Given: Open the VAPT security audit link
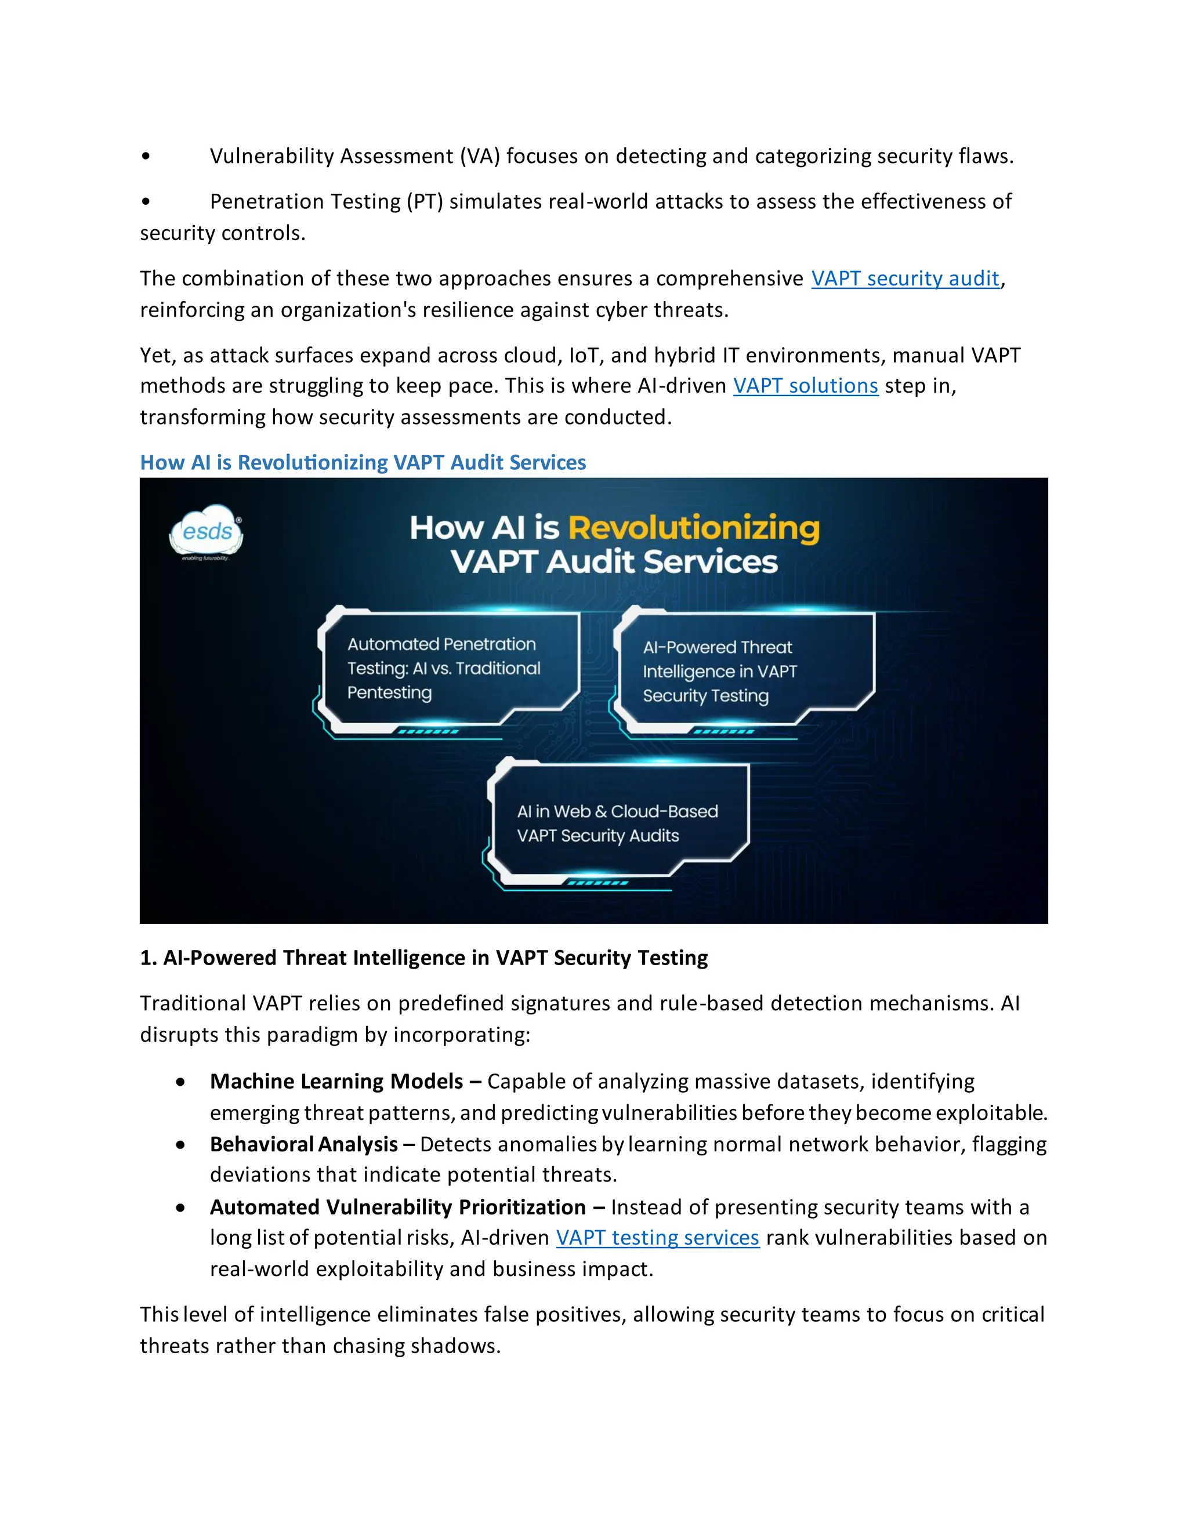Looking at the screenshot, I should coord(905,278).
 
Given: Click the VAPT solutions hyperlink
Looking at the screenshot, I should coord(805,386).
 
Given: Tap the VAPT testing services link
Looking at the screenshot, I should coord(657,1238).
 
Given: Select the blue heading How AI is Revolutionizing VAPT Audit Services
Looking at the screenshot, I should coord(363,462).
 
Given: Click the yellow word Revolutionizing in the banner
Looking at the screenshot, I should coord(693,528).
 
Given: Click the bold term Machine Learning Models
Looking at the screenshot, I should coord(336,1081).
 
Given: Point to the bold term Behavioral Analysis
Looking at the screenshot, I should coord(304,1144).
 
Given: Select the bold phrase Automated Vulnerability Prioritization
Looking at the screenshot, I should coord(397,1207).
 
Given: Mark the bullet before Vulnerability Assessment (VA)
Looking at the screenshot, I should coord(146,156).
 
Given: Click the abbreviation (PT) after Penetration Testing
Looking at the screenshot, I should coord(425,202).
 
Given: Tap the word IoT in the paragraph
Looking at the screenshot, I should coord(584,356).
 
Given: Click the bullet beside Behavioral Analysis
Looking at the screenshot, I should coord(181,1145).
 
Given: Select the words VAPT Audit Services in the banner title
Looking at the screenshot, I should coord(614,562).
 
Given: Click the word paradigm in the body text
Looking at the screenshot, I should coord(303,1035).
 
